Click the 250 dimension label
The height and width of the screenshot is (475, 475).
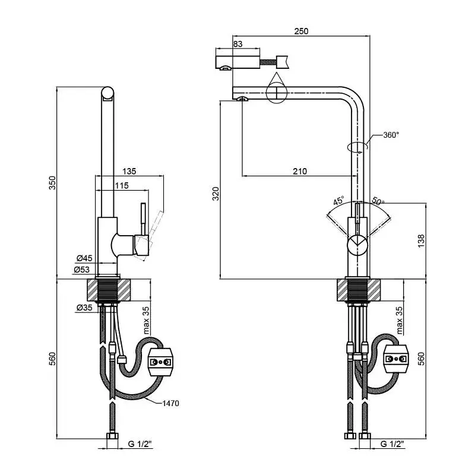(301, 31)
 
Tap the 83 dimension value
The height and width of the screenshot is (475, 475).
(238, 44)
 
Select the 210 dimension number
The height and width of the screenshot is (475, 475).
(300, 171)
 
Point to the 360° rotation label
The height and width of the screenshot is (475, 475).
(391, 135)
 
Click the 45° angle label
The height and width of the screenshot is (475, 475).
(339, 201)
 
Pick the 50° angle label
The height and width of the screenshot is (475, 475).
(378, 201)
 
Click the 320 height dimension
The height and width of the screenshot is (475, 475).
(216, 194)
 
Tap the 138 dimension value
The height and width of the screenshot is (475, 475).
(421, 241)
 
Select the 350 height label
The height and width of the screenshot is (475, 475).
(53, 183)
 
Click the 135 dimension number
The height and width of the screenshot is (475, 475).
(129, 171)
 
